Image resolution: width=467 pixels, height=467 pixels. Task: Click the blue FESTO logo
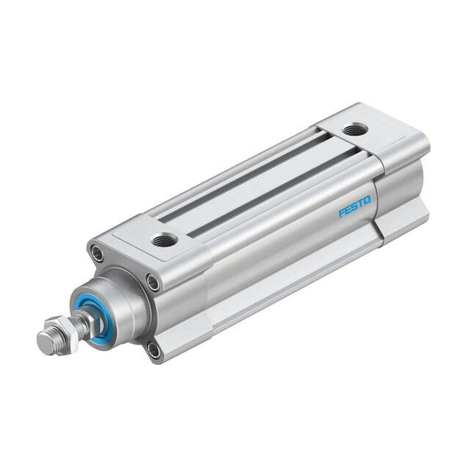(355, 207)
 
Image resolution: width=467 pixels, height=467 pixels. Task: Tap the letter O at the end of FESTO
(368, 200)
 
